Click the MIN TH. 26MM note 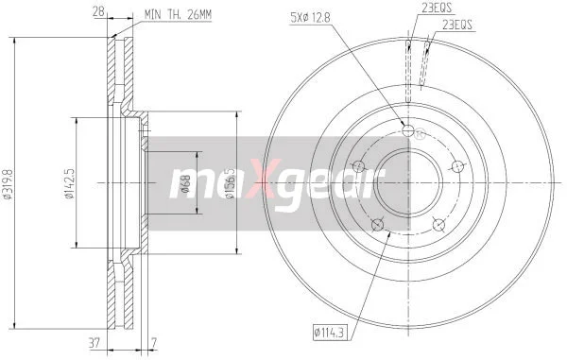pos(178,15)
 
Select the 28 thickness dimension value pos(98,12)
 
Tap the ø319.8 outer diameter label pos(8,184)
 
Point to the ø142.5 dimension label pos(69,183)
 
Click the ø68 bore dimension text pos(185,183)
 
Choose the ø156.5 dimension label pos(230,183)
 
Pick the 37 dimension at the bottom pos(94,343)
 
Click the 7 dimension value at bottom pos(154,343)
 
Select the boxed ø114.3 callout pos(329,333)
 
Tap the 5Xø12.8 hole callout pos(310,17)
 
